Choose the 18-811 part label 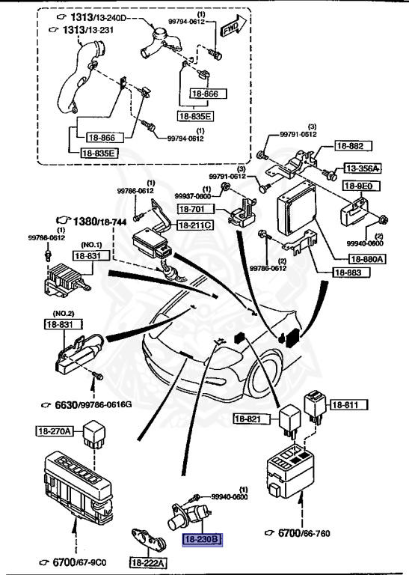345,405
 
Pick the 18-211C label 194,225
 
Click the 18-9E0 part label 358,186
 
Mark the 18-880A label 367,259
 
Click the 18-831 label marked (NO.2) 58,324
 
